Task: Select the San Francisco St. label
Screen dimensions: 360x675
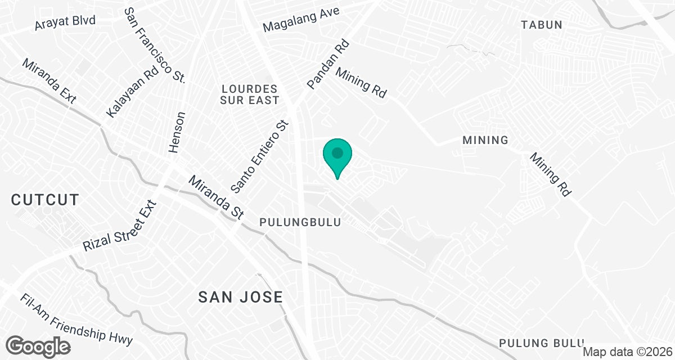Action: pyautogui.click(x=154, y=46)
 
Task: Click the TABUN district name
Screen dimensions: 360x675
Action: pyautogui.click(x=541, y=25)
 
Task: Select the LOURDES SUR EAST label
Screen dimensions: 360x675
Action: pyautogui.click(x=250, y=94)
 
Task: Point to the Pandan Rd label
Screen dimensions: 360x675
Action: pyautogui.click(x=328, y=64)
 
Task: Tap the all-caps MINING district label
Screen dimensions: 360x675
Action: pyautogui.click(x=485, y=140)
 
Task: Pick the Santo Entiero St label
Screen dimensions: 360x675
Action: pyautogui.click(x=259, y=155)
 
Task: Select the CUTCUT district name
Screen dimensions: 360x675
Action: pyautogui.click(x=44, y=200)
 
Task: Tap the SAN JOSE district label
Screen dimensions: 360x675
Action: pyautogui.click(x=240, y=298)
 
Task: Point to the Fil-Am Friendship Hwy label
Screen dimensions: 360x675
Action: pyautogui.click(x=76, y=321)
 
